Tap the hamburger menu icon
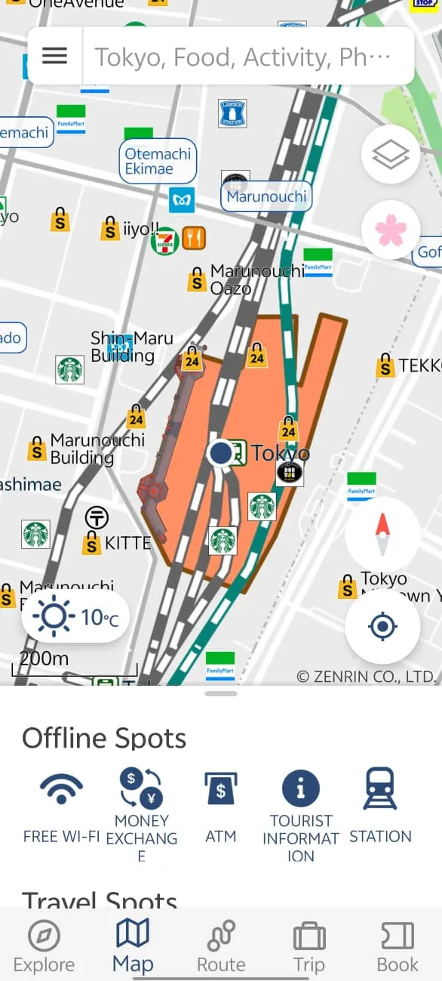(54, 56)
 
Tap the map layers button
(391, 155)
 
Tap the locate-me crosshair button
(382, 626)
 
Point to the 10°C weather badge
(75, 617)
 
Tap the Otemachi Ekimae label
(158, 161)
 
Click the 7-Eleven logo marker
(164, 239)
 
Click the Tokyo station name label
(280, 453)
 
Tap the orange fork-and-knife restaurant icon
(194, 239)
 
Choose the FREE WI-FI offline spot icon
(62, 790)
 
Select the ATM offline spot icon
(220, 790)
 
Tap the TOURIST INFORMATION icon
(300, 790)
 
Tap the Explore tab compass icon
(44, 937)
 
